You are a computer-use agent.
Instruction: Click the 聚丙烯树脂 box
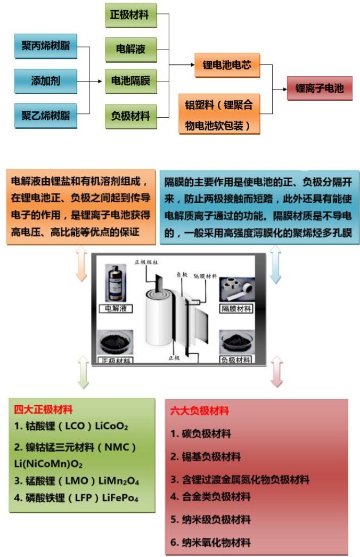tap(45, 46)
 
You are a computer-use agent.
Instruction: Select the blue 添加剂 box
tap(45, 81)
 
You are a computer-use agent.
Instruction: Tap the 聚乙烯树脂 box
tap(45, 115)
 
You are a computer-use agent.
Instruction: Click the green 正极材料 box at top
tap(130, 15)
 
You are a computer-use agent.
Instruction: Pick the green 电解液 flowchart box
tap(130, 50)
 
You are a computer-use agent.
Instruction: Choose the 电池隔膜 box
tap(130, 81)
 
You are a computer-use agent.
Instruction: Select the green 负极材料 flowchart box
tap(130, 115)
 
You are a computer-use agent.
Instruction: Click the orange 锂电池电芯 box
tap(227, 65)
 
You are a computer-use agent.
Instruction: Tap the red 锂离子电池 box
tap(320, 88)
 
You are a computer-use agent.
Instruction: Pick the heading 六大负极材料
tap(199, 411)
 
